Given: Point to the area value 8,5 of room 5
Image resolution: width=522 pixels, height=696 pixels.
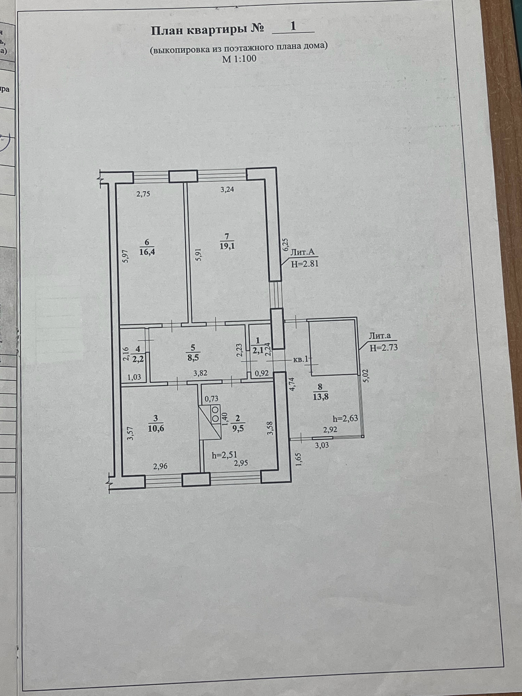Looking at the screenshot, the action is click(x=193, y=358).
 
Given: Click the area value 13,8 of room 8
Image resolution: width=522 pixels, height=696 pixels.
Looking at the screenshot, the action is click(x=320, y=397).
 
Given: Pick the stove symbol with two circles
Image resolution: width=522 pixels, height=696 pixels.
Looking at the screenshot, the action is click(x=215, y=414).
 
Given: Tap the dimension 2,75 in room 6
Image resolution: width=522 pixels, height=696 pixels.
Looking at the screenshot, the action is click(x=143, y=194).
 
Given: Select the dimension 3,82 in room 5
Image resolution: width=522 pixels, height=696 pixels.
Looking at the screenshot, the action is click(x=200, y=374).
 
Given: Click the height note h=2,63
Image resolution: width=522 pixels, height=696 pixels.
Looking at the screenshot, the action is click(x=345, y=418).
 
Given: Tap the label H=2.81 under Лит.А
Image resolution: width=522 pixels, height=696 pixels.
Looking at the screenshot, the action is click(x=304, y=264).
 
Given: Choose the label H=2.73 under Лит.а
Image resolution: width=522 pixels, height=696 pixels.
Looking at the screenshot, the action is click(x=384, y=347).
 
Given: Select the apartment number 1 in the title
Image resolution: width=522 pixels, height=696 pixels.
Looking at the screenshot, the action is click(x=293, y=26).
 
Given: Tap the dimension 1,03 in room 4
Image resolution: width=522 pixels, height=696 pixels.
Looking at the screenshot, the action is click(x=134, y=377).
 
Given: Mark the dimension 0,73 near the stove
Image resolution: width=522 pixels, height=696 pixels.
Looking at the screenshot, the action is click(x=212, y=399).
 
